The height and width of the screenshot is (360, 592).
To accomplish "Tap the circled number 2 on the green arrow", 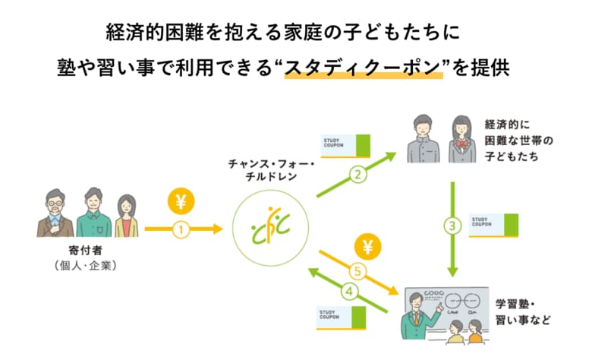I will point(356,175).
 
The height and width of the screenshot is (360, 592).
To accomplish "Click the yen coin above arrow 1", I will point(181,203).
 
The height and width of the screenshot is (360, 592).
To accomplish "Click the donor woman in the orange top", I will point(124,216).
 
